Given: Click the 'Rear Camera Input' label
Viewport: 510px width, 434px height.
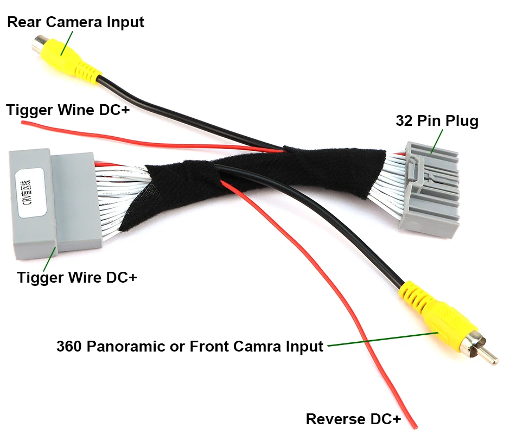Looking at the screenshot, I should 75,22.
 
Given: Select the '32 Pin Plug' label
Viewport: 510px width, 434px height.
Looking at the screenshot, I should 437,120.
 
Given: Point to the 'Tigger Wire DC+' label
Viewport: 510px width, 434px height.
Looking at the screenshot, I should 77,277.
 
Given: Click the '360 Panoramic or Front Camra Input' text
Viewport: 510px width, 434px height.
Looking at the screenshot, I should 189,346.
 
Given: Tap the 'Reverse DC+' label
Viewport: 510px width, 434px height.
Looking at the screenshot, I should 353,419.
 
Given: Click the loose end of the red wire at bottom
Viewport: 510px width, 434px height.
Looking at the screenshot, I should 415,426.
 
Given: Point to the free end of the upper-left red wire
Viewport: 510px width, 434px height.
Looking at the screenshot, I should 23,123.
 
